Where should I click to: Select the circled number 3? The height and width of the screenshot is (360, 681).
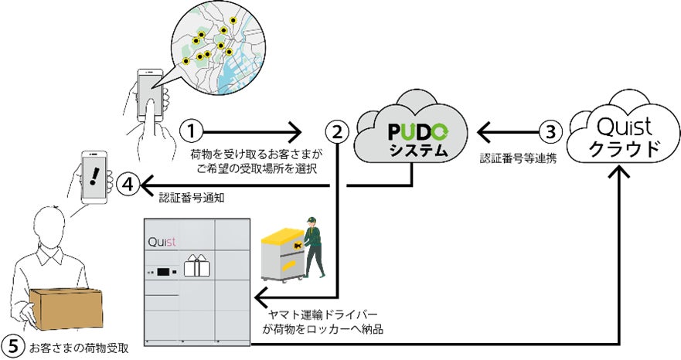click(550, 132)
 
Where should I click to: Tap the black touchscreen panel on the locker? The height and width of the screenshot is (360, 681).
click(164, 272)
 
